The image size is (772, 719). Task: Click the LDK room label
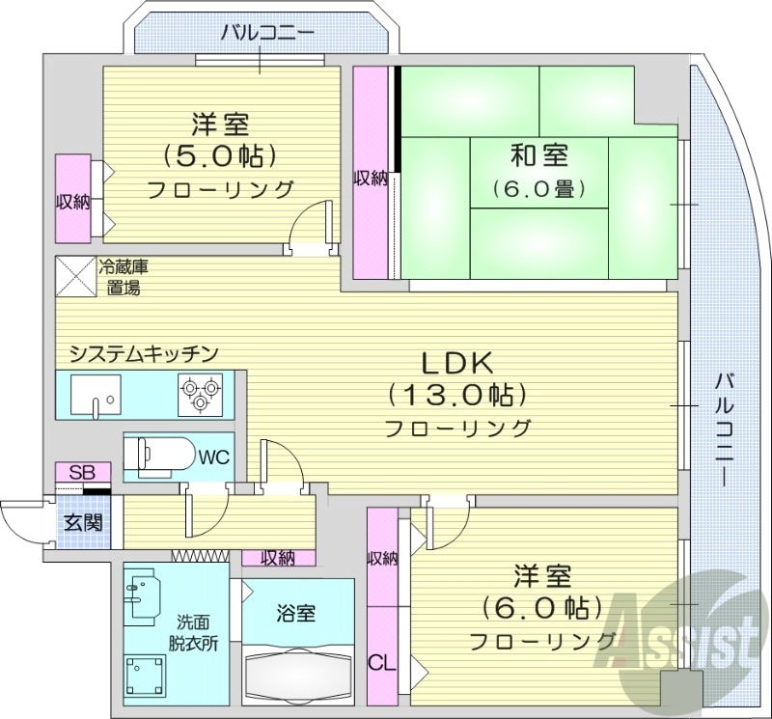pyautogui.click(x=456, y=364)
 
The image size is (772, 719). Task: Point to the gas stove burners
pyautogui.click(x=200, y=394)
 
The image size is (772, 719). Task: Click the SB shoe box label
pyautogui.click(x=82, y=474)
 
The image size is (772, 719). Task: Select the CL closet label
pyautogui.click(x=382, y=663)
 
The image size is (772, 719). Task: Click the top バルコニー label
pyautogui.click(x=267, y=33)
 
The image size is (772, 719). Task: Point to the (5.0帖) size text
pyautogui.click(x=220, y=154)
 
